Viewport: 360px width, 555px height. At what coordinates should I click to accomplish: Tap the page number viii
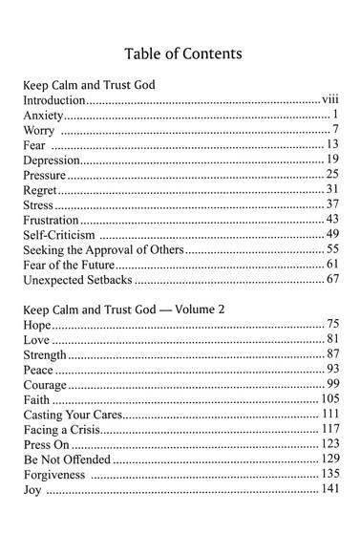[330, 99]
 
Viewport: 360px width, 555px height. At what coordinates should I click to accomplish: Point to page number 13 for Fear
[333, 144]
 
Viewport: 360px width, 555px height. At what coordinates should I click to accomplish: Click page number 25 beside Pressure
[333, 175]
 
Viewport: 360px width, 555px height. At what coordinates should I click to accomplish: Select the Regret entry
[41, 190]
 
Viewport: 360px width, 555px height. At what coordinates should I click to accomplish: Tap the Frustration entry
[51, 221]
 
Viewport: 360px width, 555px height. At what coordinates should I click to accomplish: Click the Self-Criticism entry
[58, 236]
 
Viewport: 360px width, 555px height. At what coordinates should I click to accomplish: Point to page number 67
[333, 282]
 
